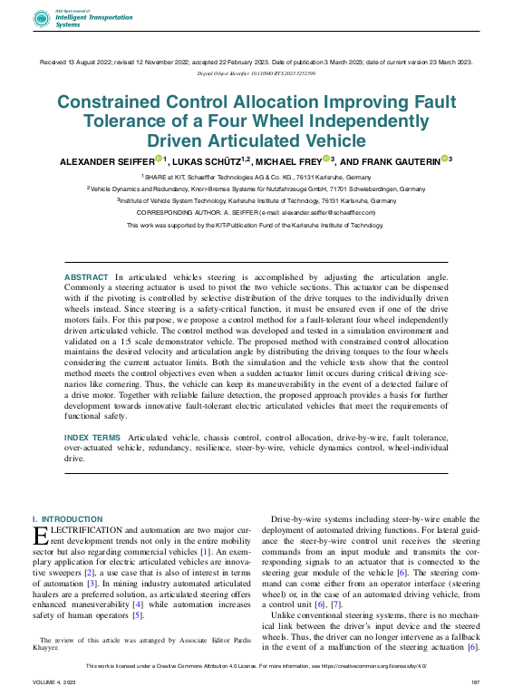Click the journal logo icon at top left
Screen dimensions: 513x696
pyautogui.click(x=42, y=18)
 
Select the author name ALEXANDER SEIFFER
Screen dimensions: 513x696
pyautogui.click(x=106, y=161)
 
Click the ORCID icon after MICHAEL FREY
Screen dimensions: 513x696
pyautogui.click(x=325, y=159)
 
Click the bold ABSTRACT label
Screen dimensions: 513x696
pyautogui.click(x=86, y=275)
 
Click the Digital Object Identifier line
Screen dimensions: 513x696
pyautogui.click(x=256, y=72)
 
